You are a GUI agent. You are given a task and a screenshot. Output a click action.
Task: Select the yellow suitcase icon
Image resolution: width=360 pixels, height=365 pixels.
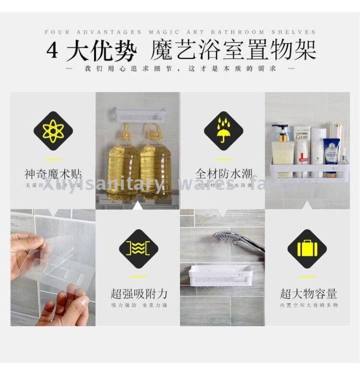307,249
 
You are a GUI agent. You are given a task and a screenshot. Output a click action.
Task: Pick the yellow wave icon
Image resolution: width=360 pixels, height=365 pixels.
138,249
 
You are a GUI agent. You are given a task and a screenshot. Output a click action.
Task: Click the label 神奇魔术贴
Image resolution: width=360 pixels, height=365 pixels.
53,174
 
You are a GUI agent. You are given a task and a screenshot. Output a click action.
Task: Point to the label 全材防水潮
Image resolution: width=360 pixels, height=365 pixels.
223,174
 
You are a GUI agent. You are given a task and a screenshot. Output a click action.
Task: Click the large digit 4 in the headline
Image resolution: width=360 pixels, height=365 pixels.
53,50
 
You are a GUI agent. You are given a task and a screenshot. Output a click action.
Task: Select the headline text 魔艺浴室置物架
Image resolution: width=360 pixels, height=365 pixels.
232,50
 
